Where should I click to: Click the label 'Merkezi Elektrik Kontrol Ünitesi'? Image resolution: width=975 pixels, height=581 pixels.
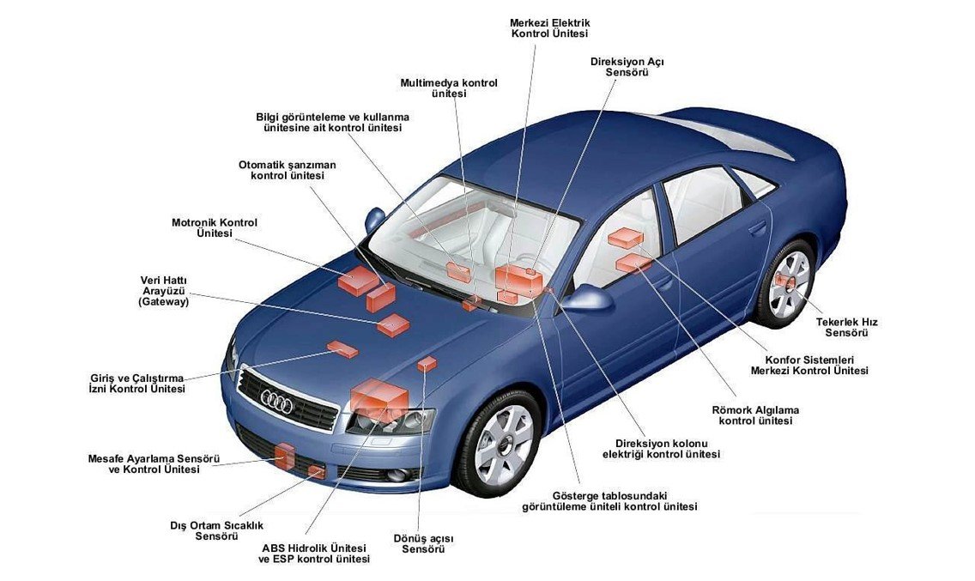pyautogui.click(x=549, y=28)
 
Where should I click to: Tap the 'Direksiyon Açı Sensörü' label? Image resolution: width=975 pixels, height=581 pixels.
pyautogui.click(x=627, y=67)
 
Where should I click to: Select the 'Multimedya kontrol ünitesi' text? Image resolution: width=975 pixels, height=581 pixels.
pyautogui.click(x=449, y=88)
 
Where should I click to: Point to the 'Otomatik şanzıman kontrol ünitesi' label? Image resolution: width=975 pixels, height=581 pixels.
pyautogui.click(x=288, y=171)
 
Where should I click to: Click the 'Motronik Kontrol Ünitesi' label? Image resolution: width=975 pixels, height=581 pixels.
pyautogui.click(x=215, y=227)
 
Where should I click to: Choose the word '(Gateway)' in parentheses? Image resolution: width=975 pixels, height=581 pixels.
pyautogui.click(x=163, y=302)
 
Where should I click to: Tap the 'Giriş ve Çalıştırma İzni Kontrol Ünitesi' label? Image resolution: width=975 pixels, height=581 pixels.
pyautogui.click(x=137, y=384)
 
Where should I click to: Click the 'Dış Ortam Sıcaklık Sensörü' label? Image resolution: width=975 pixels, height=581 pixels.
pyautogui.click(x=217, y=530)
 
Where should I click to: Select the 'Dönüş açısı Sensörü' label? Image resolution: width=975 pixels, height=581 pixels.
pyautogui.click(x=423, y=544)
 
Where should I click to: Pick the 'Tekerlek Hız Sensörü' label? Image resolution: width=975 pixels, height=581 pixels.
pyautogui.click(x=847, y=327)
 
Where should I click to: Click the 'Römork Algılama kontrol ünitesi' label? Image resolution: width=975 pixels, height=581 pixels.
pyautogui.click(x=755, y=415)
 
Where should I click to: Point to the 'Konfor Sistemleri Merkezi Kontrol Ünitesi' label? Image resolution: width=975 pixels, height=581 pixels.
pyautogui.click(x=809, y=365)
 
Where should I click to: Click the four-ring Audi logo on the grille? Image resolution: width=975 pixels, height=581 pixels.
pyautogui.click(x=276, y=402)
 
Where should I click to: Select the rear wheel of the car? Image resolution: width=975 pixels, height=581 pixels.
pyautogui.click(x=786, y=284)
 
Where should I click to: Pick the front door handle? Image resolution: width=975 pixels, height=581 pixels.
pyautogui.click(x=666, y=285)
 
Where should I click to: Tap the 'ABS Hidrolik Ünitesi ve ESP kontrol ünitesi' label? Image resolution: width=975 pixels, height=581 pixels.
pyautogui.click(x=314, y=554)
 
